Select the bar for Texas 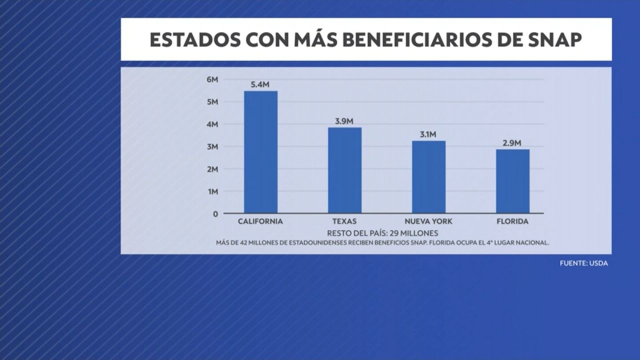[344, 170]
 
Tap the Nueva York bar [428, 176]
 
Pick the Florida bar [512, 181]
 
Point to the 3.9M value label [344, 121]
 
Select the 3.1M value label [428, 134]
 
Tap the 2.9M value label [512, 143]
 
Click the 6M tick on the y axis [212, 79]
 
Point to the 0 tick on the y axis [215, 214]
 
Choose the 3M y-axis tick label [212, 146]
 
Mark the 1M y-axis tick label [212, 191]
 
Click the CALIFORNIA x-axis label [260, 221]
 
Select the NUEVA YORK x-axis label [428, 221]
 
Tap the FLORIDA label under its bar [512, 221]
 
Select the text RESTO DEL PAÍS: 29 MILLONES [382, 233]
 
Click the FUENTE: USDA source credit [583, 263]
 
